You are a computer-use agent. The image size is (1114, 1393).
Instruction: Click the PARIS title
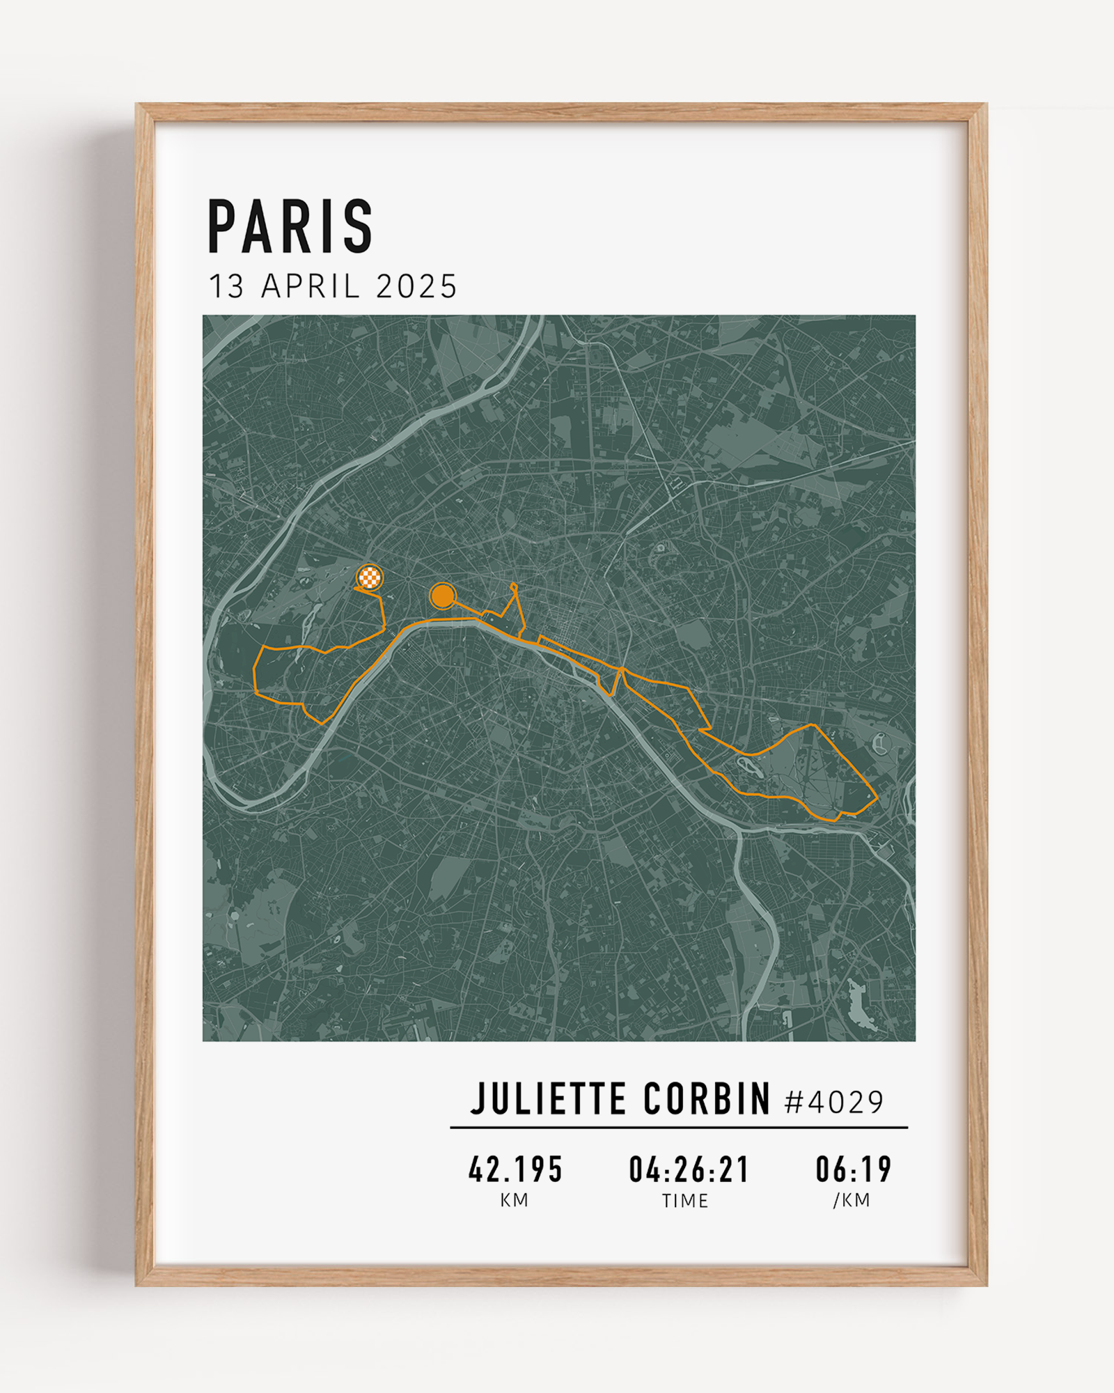tap(290, 226)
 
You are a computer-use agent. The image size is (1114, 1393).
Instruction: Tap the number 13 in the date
tap(226, 287)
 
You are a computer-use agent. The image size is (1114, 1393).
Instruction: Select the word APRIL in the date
tap(311, 287)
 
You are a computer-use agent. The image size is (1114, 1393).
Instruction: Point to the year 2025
tap(416, 287)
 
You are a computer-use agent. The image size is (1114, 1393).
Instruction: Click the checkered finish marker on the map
tap(370, 577)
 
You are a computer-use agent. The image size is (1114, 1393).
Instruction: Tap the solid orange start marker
tap(442, 596)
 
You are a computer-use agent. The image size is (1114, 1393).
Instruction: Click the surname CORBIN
tap(707, 1100)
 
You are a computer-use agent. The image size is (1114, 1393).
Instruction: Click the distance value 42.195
tap(515, 1169)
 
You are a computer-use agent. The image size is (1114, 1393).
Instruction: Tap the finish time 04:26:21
tap(689, 1169)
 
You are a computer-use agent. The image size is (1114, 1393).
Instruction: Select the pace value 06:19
tap(854, 1169)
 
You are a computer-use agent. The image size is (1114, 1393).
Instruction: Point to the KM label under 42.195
tap(515, 1200)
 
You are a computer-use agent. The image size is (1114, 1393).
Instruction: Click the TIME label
tap(685, 1201)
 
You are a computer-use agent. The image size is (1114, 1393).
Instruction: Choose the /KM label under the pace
tap(852, 1200)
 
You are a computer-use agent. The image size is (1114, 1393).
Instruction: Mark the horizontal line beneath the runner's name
tap(679, 1127)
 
